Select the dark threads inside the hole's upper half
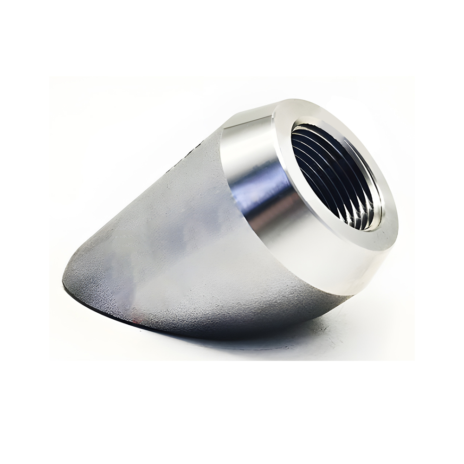[325, 148]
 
